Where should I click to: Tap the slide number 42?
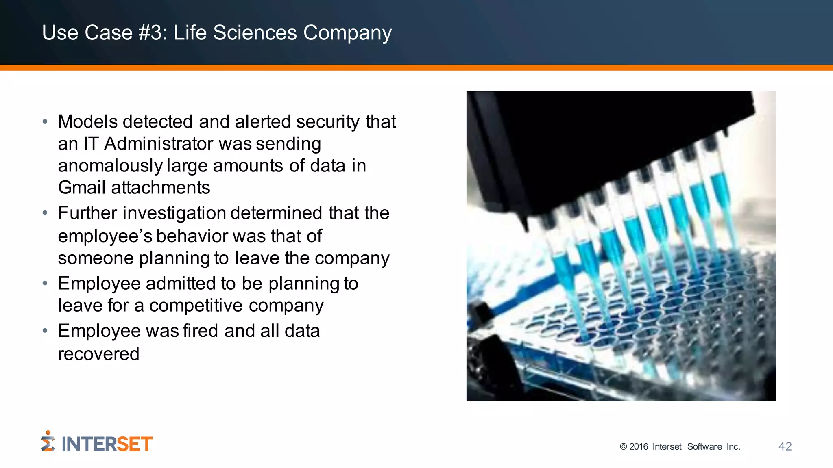click(x=785, y=446)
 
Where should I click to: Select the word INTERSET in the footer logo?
click(x=107, y=444)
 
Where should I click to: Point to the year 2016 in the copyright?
click(x=639, y=447)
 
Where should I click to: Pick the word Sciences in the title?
click(x=255, y=32)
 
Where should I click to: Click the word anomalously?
click(x=110, y=166)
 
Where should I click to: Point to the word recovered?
click(x=98, y=354)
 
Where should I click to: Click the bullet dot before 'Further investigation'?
click(x=45, y=212)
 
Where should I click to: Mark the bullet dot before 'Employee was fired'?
click(x=45, y=331)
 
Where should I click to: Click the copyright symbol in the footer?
click(x=623, y=447)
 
